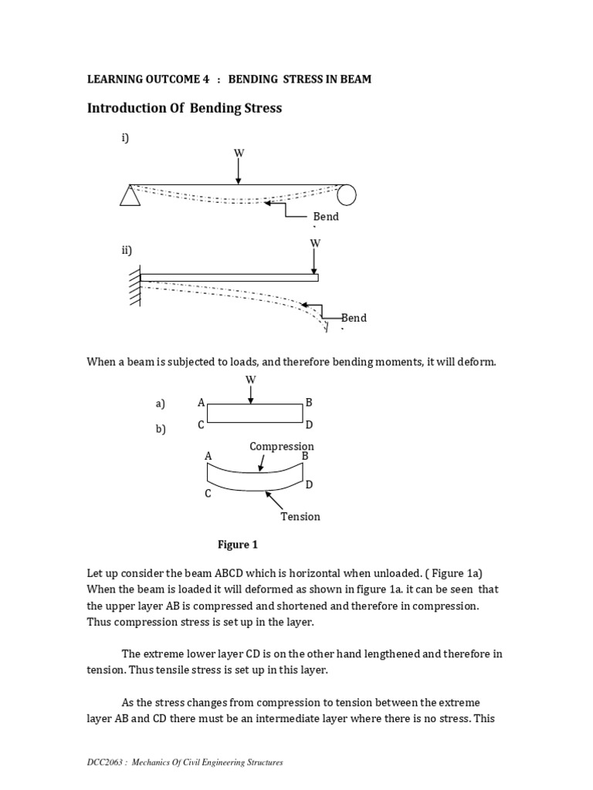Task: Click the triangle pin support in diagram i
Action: tap(130, 196)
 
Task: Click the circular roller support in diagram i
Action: tap(347, 195)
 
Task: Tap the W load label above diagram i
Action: tap(239, 153)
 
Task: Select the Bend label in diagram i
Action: tap(325, 217)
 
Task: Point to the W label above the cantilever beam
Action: tap(314, 243)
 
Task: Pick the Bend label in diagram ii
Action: tap(354, 318)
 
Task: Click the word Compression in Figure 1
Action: tap(281, 447)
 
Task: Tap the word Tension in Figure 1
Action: tap(300, 516)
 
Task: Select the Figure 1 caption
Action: tap(237, 545)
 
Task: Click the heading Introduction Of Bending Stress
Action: tap(184, 108)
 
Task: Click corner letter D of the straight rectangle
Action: tap(309, 425)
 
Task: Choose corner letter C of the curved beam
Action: tap(208, 493)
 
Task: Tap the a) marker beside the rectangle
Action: tap(160, 403)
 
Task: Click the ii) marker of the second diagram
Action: tap(127, 250)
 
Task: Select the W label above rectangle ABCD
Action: tap(250, 380)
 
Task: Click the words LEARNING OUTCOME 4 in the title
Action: tap(147, 79)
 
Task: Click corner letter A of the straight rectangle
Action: tap(201, 403)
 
